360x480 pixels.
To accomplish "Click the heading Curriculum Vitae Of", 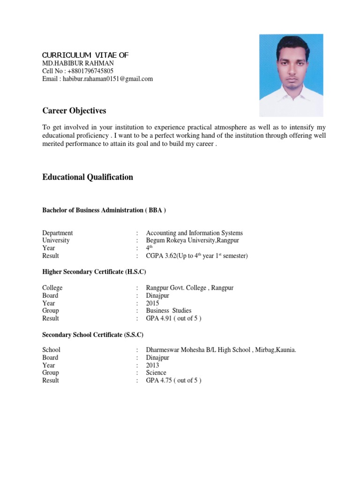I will click(85, 55).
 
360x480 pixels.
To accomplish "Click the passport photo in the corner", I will click(291, 75).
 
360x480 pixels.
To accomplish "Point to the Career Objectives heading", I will click(74, 111).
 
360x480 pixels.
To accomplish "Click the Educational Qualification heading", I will click(88, 177).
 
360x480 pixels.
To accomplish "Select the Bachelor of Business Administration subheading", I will click(104, 210).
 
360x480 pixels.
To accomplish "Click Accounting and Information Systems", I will click(195, 233).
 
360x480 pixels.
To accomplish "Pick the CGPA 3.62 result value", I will click(197, 256).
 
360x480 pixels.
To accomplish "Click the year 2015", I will click(153, 303).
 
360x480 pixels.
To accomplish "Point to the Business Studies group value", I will click(169, 311).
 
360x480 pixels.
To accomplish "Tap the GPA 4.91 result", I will click(174, 318).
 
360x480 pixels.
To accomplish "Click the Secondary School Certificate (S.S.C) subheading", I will click(93, 335).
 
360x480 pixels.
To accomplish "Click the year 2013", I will click(153, 365).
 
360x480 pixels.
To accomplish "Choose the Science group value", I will click(156, 373).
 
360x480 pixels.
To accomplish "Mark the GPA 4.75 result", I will click(174, 381).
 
